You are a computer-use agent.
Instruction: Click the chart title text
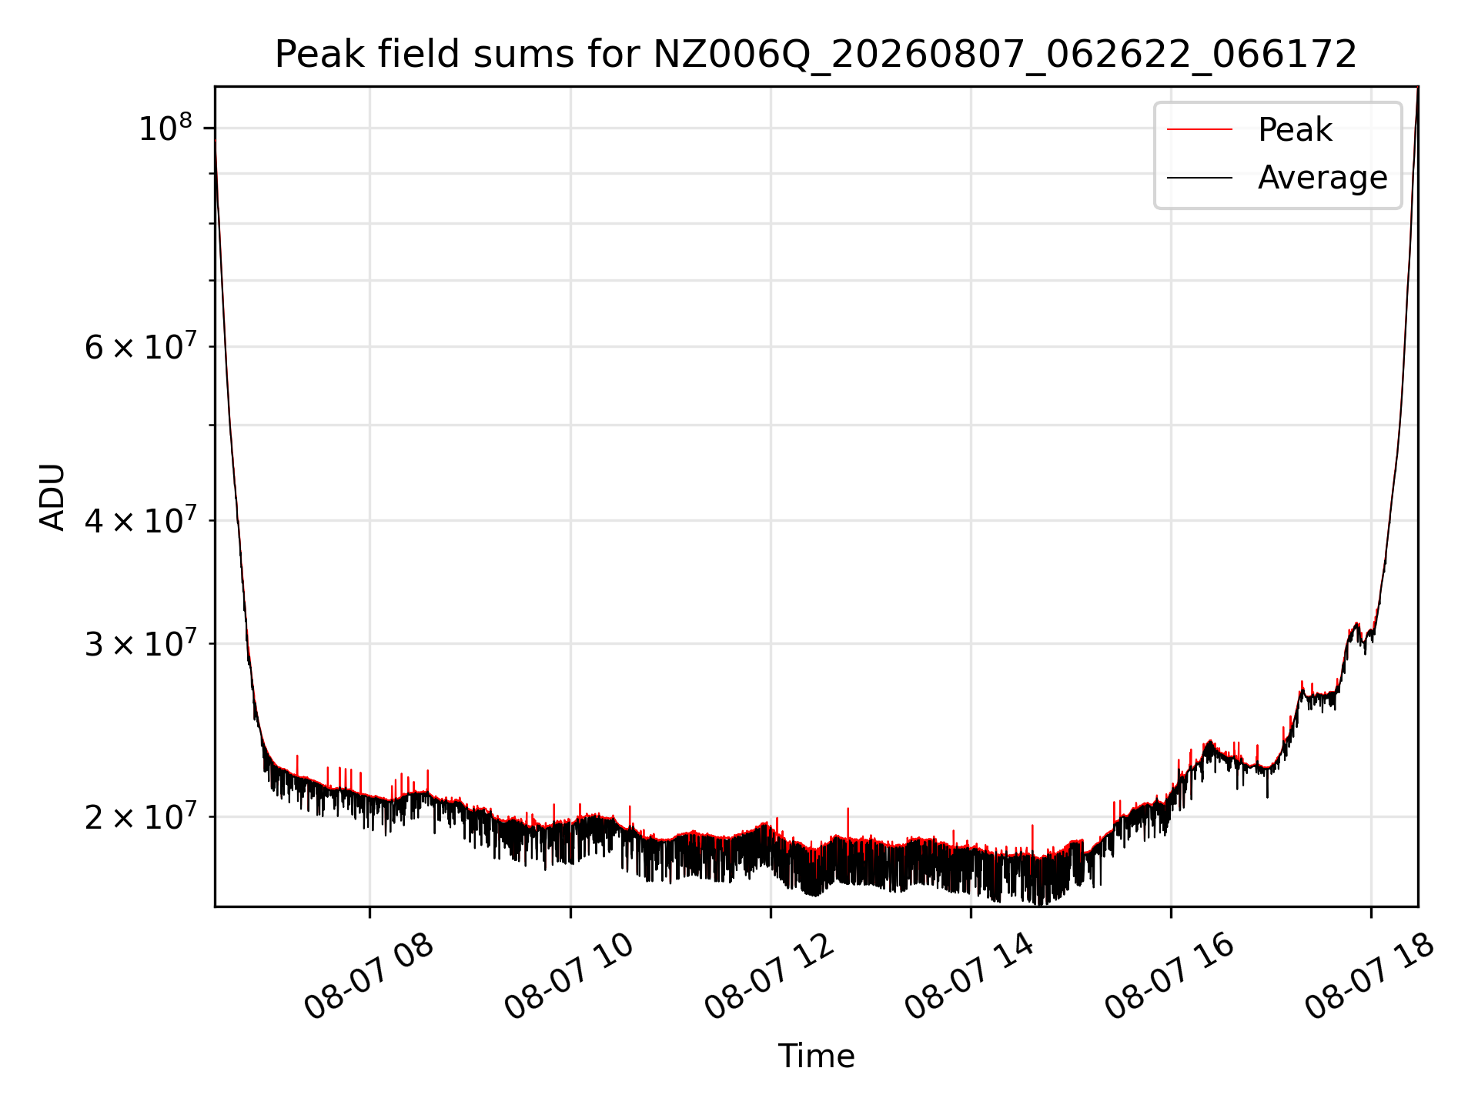[x=816, y=55]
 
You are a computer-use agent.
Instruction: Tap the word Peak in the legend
[x=1295, y=129]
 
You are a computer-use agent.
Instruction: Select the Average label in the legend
[x=1323, y=178]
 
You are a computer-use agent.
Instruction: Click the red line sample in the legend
[x=1199, y=129]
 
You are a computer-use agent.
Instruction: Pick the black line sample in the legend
[x=1199, y=178]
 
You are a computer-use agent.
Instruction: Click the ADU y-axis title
[x=52, y=497]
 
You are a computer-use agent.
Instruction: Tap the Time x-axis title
[x=816, y=1056]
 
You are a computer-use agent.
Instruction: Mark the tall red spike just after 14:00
[x=1032, y=839]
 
